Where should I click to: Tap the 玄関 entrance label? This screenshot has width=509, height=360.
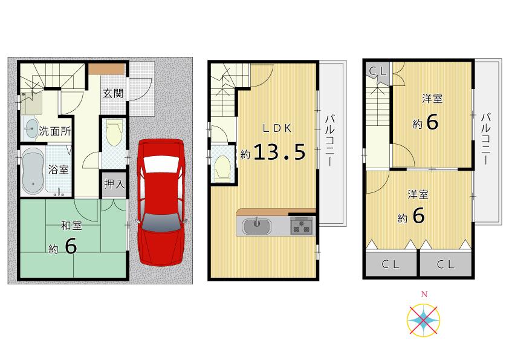[x=112, y=93]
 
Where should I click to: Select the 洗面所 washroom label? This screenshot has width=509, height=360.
[x=55, y=130]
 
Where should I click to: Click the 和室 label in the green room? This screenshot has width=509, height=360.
[x=71, y=226]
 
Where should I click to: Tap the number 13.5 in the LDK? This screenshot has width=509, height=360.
[x=279, y=152]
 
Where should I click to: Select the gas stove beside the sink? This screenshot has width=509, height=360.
[x=302, y=227]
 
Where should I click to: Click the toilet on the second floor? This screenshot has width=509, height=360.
[x=223, y=166]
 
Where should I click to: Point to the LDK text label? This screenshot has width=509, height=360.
[x=277, y=128]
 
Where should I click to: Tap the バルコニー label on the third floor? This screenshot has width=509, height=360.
[x=487, y=140]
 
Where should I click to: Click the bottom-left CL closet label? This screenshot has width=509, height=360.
[x=390, y=264]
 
